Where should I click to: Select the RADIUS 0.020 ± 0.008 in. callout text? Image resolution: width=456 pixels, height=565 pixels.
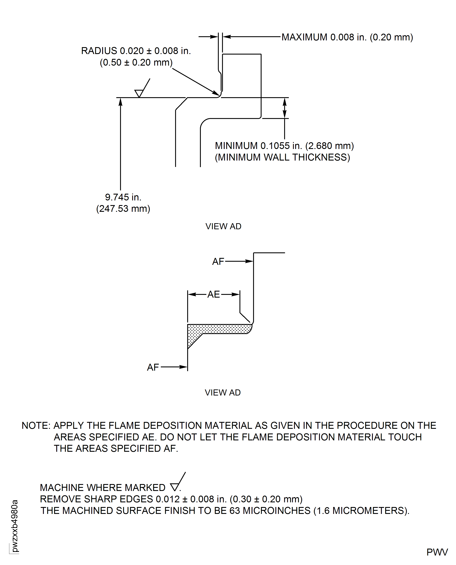coord(136,51)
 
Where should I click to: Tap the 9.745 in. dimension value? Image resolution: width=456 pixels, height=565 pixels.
coord(123,197)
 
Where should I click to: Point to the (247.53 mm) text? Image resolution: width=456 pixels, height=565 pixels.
coord(123,209)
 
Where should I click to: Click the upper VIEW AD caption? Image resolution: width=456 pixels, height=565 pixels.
coord(223,226)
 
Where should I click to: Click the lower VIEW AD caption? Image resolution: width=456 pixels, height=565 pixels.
coord(223,392)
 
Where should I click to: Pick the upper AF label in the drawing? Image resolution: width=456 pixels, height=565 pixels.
coord(218,262)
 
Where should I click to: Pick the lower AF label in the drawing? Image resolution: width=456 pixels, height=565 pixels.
coord(153,367)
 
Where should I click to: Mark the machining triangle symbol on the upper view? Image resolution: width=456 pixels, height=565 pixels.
coord(139,93)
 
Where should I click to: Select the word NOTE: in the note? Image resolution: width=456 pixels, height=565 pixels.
coord(36,426)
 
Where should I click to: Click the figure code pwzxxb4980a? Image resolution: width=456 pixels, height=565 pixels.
coord(15,526)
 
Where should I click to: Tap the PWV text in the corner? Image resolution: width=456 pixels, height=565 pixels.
coord(437,552)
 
